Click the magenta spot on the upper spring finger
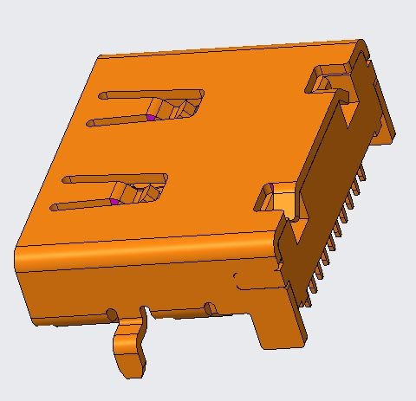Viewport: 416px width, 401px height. click(x=150, y=117)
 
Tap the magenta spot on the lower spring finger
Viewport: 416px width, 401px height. click(x=114, y=201)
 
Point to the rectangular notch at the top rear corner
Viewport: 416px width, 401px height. click(x=326, y=81)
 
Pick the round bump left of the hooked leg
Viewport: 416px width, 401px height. click(x=112, y=314)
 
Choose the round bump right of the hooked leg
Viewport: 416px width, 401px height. click(x=210, y=307)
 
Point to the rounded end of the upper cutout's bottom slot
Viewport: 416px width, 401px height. click(x=90, y=123)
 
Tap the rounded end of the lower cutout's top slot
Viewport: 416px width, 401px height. click(x=66, y=180)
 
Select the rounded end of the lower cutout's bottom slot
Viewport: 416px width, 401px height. click(x=54, y=208)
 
